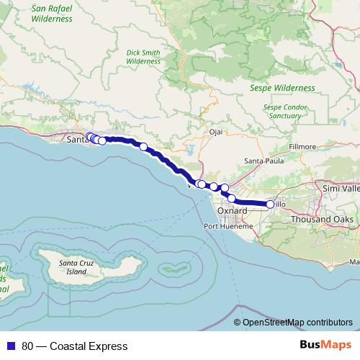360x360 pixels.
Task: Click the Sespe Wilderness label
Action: pos(282,88)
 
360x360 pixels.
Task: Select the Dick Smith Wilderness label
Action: pos(143,57)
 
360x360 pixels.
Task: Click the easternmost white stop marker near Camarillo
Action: pos(271,204)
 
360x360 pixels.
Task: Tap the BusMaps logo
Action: pos(323,346)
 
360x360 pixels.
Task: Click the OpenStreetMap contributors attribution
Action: pos(297,323)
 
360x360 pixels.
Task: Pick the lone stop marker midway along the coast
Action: pos(143,147)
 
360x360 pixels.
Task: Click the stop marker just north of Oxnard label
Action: pos(231,198)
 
